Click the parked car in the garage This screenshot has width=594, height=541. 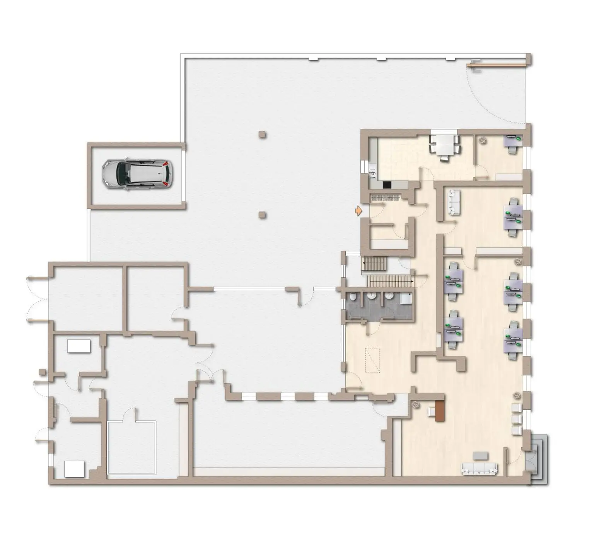pos(137,174)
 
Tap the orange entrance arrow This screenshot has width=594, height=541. pos(359,211)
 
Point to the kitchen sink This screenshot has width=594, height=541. pos(373,171)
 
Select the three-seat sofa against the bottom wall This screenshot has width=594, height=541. pos(479,469)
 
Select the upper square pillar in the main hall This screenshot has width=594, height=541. pos(263,135)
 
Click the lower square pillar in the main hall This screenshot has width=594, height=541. pos(263,214)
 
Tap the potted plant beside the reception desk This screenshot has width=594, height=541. pos(416,404)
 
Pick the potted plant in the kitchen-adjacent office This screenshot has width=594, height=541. pos(483,141)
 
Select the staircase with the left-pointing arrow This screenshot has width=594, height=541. pos(374,265)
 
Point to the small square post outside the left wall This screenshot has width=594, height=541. pos(42,372)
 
